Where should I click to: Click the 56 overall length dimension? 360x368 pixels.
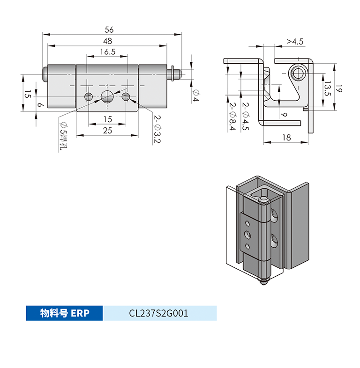pyautogui.click(x=109, y=29)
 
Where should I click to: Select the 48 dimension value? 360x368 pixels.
pyautogui.click(x=107, y=41)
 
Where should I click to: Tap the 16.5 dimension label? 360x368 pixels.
pyautogui.click(x=107, y=52)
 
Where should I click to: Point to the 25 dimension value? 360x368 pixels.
pyautogui.click(x=107, y=131)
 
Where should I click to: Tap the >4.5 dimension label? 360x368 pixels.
pyautogui.click(x=295, y=42)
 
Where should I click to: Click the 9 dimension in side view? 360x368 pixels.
pyautogui.click(x=284, y=114)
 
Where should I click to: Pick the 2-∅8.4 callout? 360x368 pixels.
pyautogui.click(x=232, y=117)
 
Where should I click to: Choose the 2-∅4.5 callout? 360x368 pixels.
pyautogui.click(x=245, y=117)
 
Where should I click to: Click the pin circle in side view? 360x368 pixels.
pyautogui.click(x=298, y=73)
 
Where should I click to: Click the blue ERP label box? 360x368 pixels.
pyautogui.click(x=64, y=313)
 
